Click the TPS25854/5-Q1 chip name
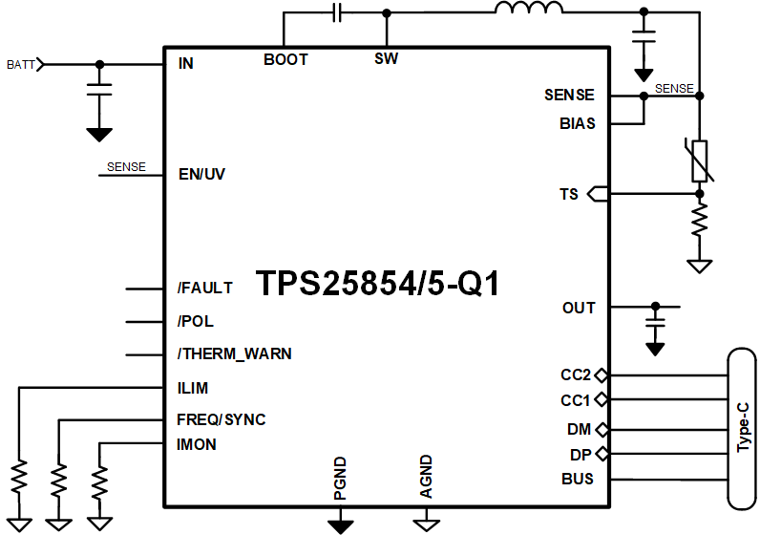click(378, 284)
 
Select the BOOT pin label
click(285, 59)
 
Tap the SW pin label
click(386, 59)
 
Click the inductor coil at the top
click(528, 11)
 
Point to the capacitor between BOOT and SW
click(336, 12)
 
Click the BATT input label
click(21, 64)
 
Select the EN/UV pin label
click(201, 175)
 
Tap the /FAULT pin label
click(204, 288)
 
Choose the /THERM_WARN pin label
click(234, 353)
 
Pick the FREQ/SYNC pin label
click(221, 419)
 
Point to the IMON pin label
click(196, 444)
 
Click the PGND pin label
click(340, 480)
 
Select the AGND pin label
click(426, 478)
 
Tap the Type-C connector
click(742, 428)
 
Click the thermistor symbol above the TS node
click(700, 160)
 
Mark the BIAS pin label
click(577, 123)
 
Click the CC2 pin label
click(576, 374)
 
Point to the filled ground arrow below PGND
click(340, 524)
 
